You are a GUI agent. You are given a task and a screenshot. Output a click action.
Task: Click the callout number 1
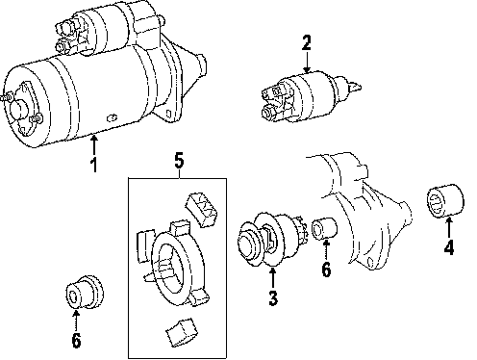point(93,165)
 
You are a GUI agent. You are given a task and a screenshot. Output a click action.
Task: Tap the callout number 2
point(307,43)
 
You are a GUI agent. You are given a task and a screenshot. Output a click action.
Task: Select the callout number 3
point(273,297)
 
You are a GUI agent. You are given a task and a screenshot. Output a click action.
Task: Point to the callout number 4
point(449,247)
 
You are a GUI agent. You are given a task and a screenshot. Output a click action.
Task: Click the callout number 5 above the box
point(179,161)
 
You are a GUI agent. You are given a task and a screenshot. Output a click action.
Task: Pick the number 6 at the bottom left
point(76,340)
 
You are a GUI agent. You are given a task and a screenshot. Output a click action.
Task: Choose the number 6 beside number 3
point(326,270)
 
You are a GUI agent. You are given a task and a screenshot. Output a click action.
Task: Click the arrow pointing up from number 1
point(93,145)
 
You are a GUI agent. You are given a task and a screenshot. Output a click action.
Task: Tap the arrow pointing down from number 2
point(307,62)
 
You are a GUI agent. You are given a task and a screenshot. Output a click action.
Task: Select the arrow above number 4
point(449,227)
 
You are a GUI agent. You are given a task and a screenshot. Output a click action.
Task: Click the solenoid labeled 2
point(311,96)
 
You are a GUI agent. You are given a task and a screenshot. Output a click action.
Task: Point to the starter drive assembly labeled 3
point(271,240)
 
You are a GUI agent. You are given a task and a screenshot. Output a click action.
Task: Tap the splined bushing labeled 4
point(446,200)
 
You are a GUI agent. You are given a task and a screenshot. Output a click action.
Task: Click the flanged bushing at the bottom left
point(84,292)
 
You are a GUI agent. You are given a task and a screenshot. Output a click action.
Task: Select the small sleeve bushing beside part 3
point(324,228)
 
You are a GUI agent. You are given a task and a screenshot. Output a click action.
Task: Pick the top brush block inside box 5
point(201,209)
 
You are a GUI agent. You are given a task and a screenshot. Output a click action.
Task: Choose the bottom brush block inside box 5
point(182,332)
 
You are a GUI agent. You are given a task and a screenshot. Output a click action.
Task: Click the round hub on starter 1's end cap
point(18,109)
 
